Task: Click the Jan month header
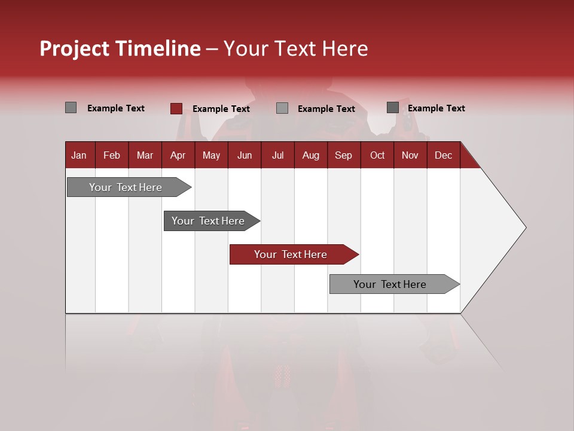tap(79, 155)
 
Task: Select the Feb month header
tap(112, 155)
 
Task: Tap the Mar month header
tap(145, 155)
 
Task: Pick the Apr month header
tap(178, 155)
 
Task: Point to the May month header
tap(211, 155)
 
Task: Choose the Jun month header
tap(245, 155)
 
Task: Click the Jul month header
tap(277, 155)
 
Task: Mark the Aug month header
tap(310, 155)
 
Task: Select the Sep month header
tap(343, 155)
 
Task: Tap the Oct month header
tap(377, 155)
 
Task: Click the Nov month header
tap(410, 155)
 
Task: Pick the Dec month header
tap(443, 155)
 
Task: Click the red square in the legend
tap(176, 108)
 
